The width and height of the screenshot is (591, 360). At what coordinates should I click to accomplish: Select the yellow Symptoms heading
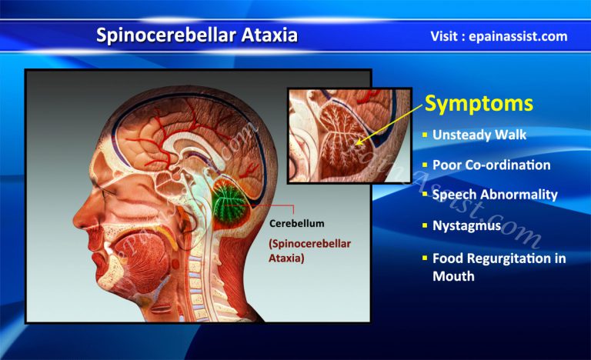(x=479, y=103)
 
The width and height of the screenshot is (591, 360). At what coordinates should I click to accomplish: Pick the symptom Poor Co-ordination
(x=491, y=165)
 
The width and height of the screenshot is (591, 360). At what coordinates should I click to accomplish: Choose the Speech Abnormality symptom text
(x=495, y=195)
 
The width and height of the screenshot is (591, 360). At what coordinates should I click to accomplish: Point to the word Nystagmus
(x=467, y=226)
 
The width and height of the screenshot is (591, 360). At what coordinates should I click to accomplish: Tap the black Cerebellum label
(x=296, y=223)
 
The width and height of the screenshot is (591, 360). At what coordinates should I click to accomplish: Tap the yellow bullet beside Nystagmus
(x=425, y=226)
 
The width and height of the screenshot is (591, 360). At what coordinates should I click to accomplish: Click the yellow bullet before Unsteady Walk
(x=425, y=135)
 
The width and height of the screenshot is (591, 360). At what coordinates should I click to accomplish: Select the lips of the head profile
(x=93, y=246)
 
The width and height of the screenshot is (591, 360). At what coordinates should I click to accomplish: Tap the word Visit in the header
(x=449, y=36)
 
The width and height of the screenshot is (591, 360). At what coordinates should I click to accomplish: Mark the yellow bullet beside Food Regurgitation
(x=425, y=258)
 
